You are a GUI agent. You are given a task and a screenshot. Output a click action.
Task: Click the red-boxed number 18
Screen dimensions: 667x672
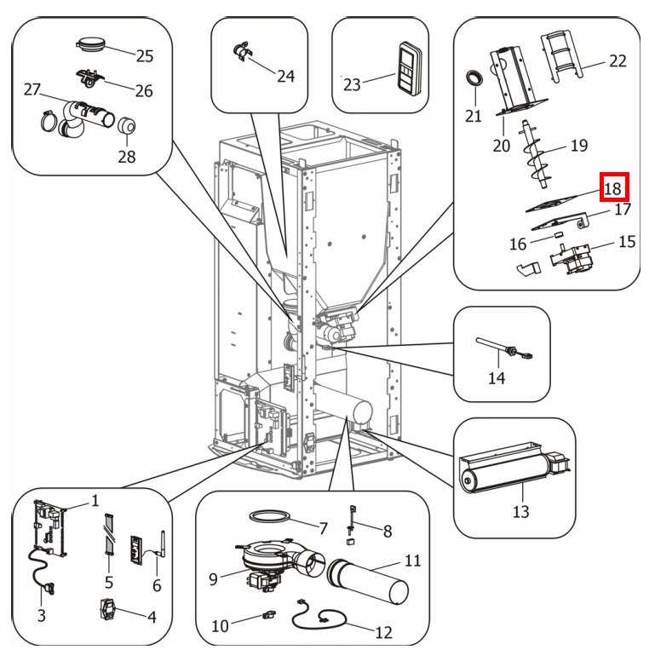click(613, 187)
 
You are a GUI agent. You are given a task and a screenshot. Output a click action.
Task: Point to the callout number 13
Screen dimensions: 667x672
click(520, 511)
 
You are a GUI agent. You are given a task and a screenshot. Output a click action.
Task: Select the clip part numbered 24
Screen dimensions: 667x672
click(241, 52)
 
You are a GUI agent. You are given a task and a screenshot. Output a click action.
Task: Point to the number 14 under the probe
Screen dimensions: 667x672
click(496, 377)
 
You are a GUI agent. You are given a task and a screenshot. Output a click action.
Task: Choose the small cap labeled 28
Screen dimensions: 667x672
click(128, 127)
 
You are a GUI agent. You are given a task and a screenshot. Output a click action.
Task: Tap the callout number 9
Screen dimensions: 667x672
click(213, 579)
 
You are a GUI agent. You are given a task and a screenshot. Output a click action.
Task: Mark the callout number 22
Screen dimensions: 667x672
click(617, 60)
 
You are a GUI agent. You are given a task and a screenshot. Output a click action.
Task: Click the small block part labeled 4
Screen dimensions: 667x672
click(108, 610)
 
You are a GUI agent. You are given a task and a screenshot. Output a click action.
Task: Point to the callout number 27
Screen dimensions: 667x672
click(32, 89)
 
